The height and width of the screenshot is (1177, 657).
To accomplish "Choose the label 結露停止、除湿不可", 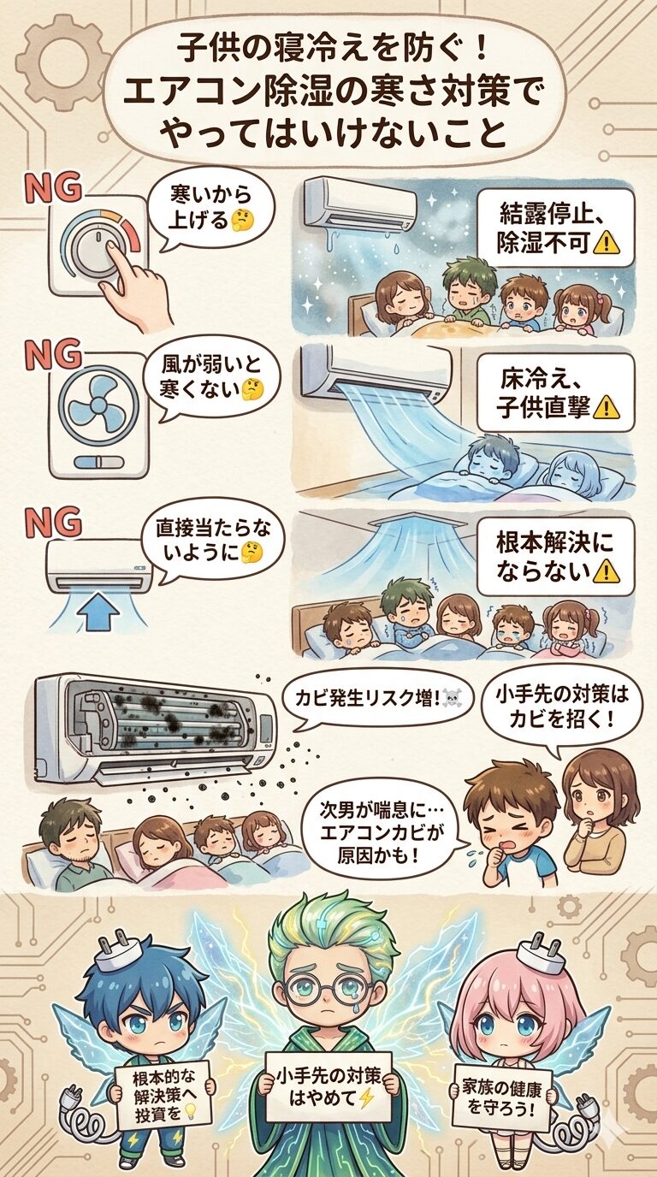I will tap(555, 228).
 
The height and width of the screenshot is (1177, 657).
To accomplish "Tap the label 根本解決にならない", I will tap(555, 555).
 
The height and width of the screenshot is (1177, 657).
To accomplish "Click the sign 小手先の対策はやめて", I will tap(328, 1087).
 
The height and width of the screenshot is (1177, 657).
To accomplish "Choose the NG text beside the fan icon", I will tap(53, 354).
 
